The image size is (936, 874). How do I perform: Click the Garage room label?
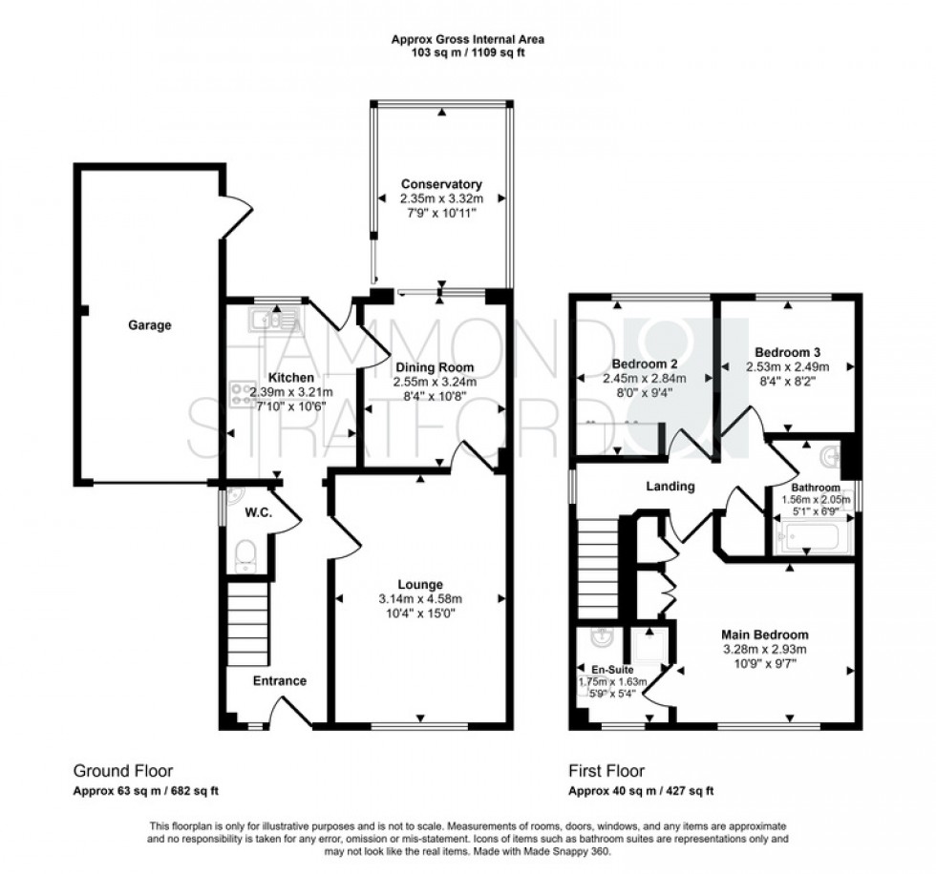pos(150,325)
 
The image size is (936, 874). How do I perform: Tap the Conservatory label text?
pos(441,184)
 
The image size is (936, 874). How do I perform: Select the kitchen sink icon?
pos(273,319)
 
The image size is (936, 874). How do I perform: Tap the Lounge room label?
pos(420,584)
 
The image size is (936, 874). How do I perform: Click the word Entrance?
pos(279,681)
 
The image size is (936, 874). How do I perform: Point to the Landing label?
pos(670,487)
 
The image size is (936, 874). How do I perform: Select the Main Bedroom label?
pos(764,635)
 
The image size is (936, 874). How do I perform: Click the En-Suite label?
pos(613,670)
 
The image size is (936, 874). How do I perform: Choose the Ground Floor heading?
pos(123,771)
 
